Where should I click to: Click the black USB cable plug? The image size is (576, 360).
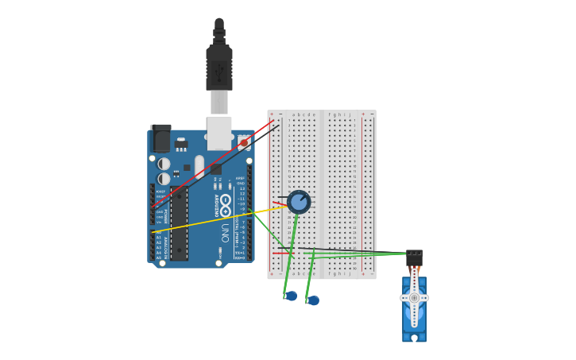tap(219, 68)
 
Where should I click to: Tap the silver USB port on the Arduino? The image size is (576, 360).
tap(219, 132)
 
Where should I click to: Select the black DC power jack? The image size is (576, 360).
tap(160, 139)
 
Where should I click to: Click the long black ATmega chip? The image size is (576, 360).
tap(179, 223)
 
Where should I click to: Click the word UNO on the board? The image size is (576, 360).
tap(226, 231)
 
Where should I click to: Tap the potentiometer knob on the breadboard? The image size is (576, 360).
tap(299, 202)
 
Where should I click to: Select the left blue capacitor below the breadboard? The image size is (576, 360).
tap(291, 296)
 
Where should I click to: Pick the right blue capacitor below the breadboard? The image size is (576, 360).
tap(313, 300)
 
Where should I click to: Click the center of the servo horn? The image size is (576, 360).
tap(414, 298)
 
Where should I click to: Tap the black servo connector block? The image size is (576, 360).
tap(414, 257)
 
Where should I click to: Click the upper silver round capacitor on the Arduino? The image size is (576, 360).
tap(164, 164)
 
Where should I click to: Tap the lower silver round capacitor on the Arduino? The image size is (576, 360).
tap(164, 179)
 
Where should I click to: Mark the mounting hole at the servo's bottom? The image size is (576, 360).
tap(414, 338)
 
